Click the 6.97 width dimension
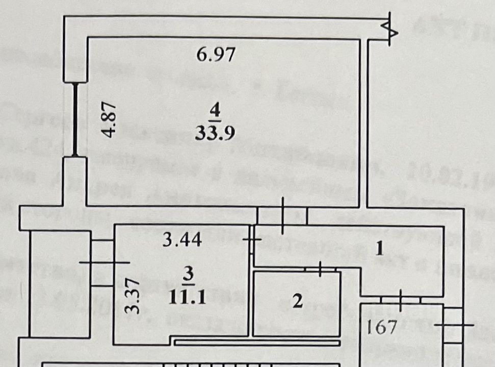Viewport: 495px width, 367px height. tap(216, 54)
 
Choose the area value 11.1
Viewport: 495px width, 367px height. tap(189, 297)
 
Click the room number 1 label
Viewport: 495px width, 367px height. tap(379, 249)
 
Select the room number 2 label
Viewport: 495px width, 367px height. tap(298, 301)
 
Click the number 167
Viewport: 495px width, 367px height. tap(382, 327)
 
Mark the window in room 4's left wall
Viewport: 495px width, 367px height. tap(75, 120)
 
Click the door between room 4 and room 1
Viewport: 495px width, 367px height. tap(282, 215)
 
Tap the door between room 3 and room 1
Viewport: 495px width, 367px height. tap(252, 239)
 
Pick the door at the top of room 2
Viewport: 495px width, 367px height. tap(320, 269)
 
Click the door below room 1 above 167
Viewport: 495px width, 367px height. tap(401, 300)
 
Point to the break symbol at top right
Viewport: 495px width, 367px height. tap(392, 31)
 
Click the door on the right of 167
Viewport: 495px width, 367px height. tap(453, 325)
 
